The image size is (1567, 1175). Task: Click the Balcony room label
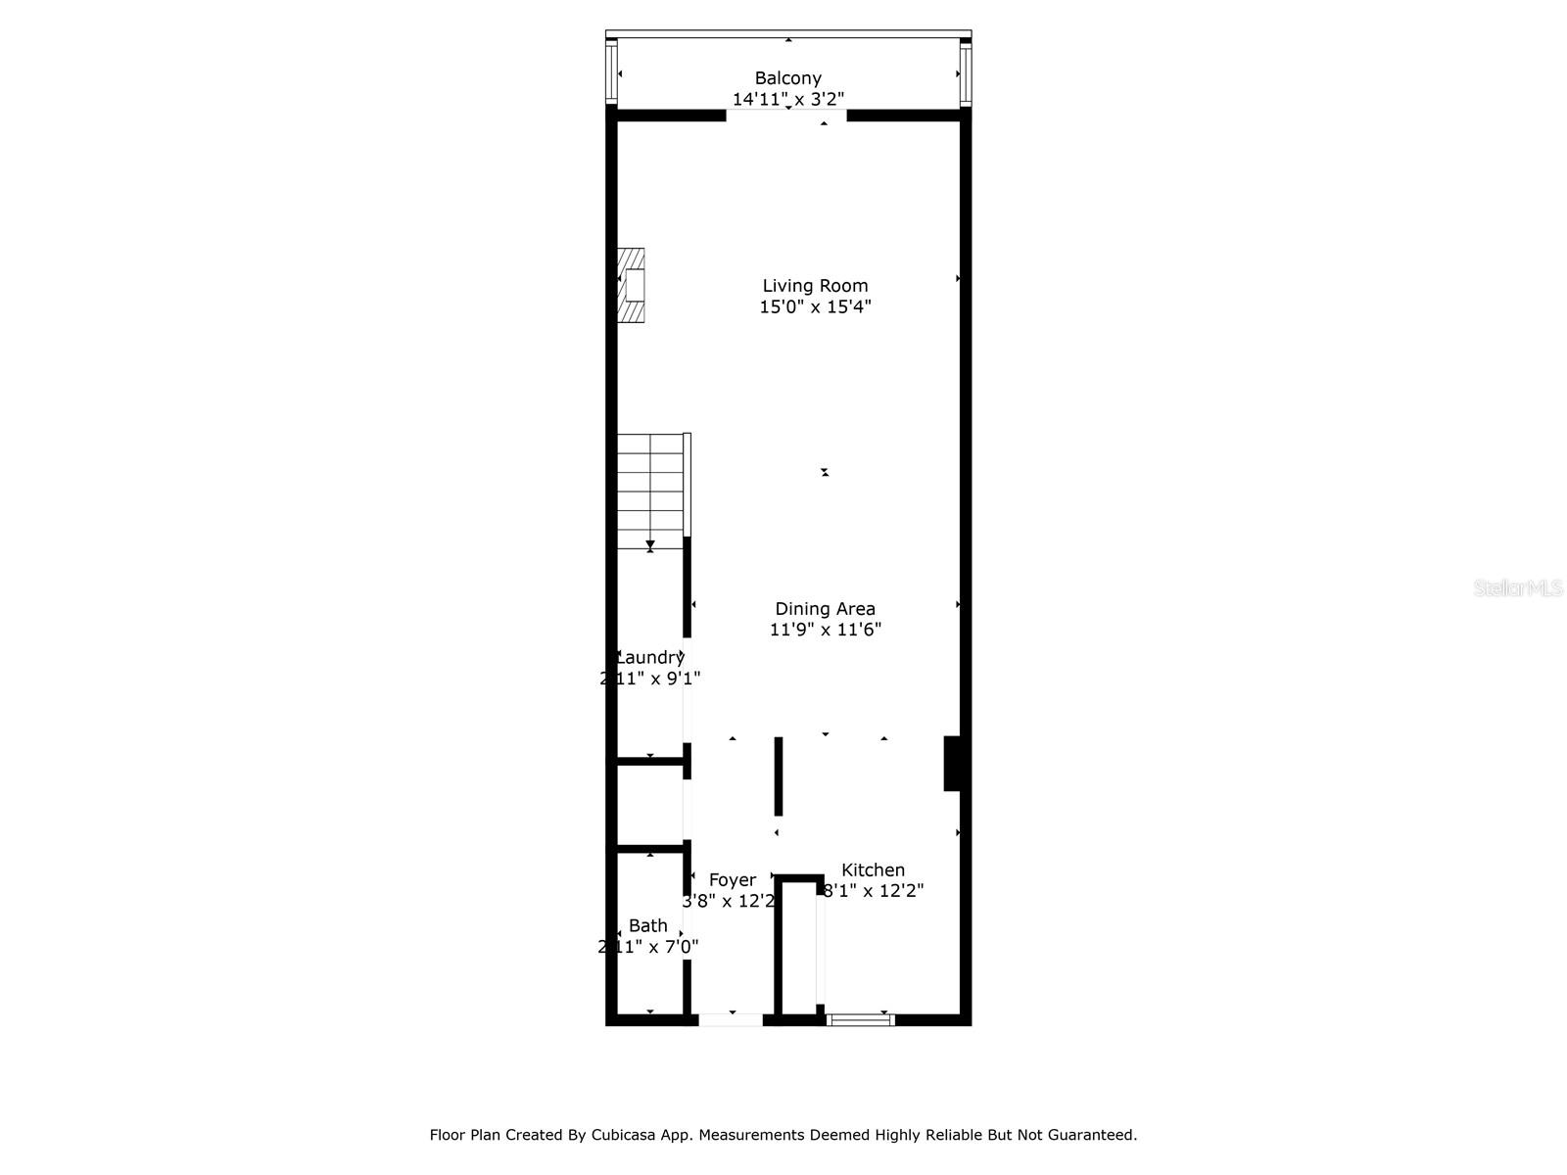[x=787, y=78]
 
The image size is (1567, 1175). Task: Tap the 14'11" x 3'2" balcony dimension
[x=787, y=99]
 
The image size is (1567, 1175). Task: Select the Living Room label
[x=815, y=286]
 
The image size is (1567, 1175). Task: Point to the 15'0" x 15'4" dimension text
[x=815, y=306]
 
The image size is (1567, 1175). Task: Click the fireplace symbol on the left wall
[x=631, y=285]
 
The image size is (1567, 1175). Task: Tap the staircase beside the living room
[x=650, y=491]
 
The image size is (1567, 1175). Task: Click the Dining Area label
[x=825, y=609]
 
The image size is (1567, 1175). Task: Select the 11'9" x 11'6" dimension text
[x=825, y=630]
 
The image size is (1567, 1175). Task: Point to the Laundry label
[x=649, y=658]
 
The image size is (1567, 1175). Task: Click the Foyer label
[x=732, y=880]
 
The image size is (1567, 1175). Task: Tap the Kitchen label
[x=873, y=869]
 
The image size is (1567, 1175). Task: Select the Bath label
[x=647, y=925]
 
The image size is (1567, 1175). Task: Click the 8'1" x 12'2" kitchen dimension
[x=873, y=891]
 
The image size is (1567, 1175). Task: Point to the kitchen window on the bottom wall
[x=860, y=1020]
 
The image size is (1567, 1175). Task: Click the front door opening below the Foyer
[x=730, y=1020]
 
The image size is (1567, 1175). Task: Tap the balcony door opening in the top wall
[x=785, y=115]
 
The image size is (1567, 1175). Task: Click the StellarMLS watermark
[x=1518, y=588]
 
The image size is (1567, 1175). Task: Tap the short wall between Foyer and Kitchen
[x=779, y=775]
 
